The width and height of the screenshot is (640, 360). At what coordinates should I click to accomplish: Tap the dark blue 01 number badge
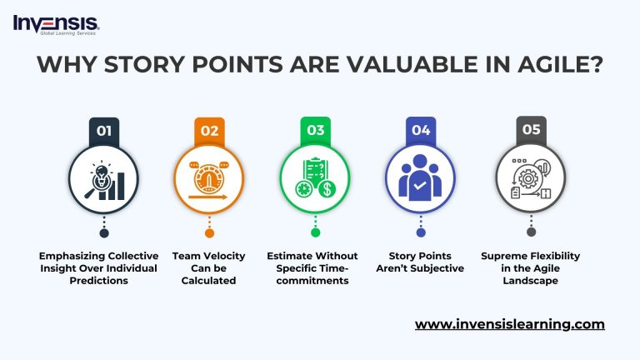[103, 130]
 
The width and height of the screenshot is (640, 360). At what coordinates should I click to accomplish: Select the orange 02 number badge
[209, 130]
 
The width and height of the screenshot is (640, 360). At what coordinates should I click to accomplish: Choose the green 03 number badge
[315, 130]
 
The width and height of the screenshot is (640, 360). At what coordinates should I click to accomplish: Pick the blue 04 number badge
[421, 130]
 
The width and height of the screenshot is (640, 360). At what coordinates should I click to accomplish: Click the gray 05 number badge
[531, 130]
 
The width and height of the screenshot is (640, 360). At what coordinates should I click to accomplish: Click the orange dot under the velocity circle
[209, 232]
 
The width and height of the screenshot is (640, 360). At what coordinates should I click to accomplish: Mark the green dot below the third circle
[315, 232]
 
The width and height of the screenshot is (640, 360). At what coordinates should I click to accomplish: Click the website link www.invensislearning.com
[509, 324]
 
